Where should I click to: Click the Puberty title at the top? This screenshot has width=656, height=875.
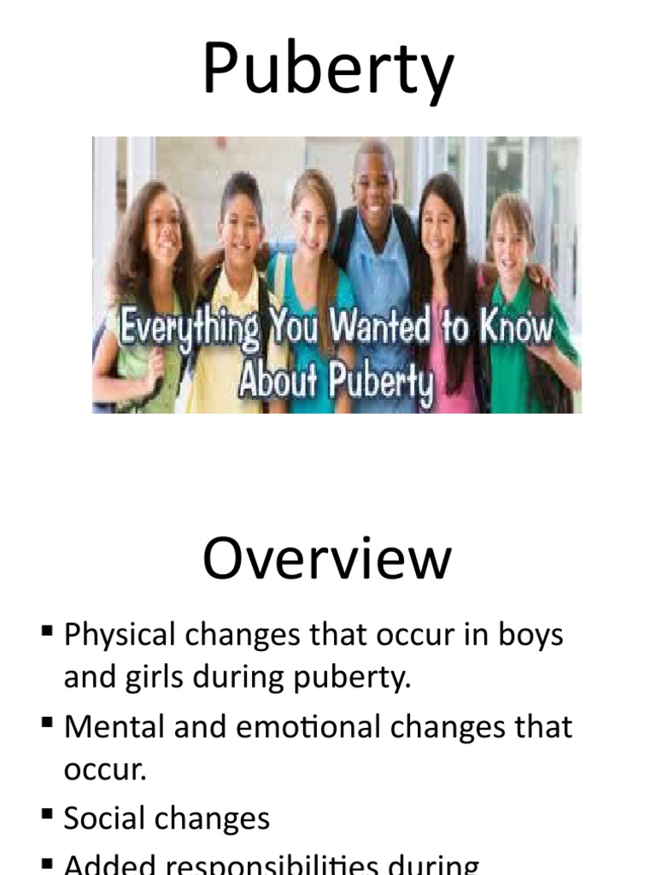327,69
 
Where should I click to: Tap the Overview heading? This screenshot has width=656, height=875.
327,560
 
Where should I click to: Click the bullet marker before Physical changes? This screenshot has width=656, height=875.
46,633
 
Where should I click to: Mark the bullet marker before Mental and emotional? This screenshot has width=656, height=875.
46,724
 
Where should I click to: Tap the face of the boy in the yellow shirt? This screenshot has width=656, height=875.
242,226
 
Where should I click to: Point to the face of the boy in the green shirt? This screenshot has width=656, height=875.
509,238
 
